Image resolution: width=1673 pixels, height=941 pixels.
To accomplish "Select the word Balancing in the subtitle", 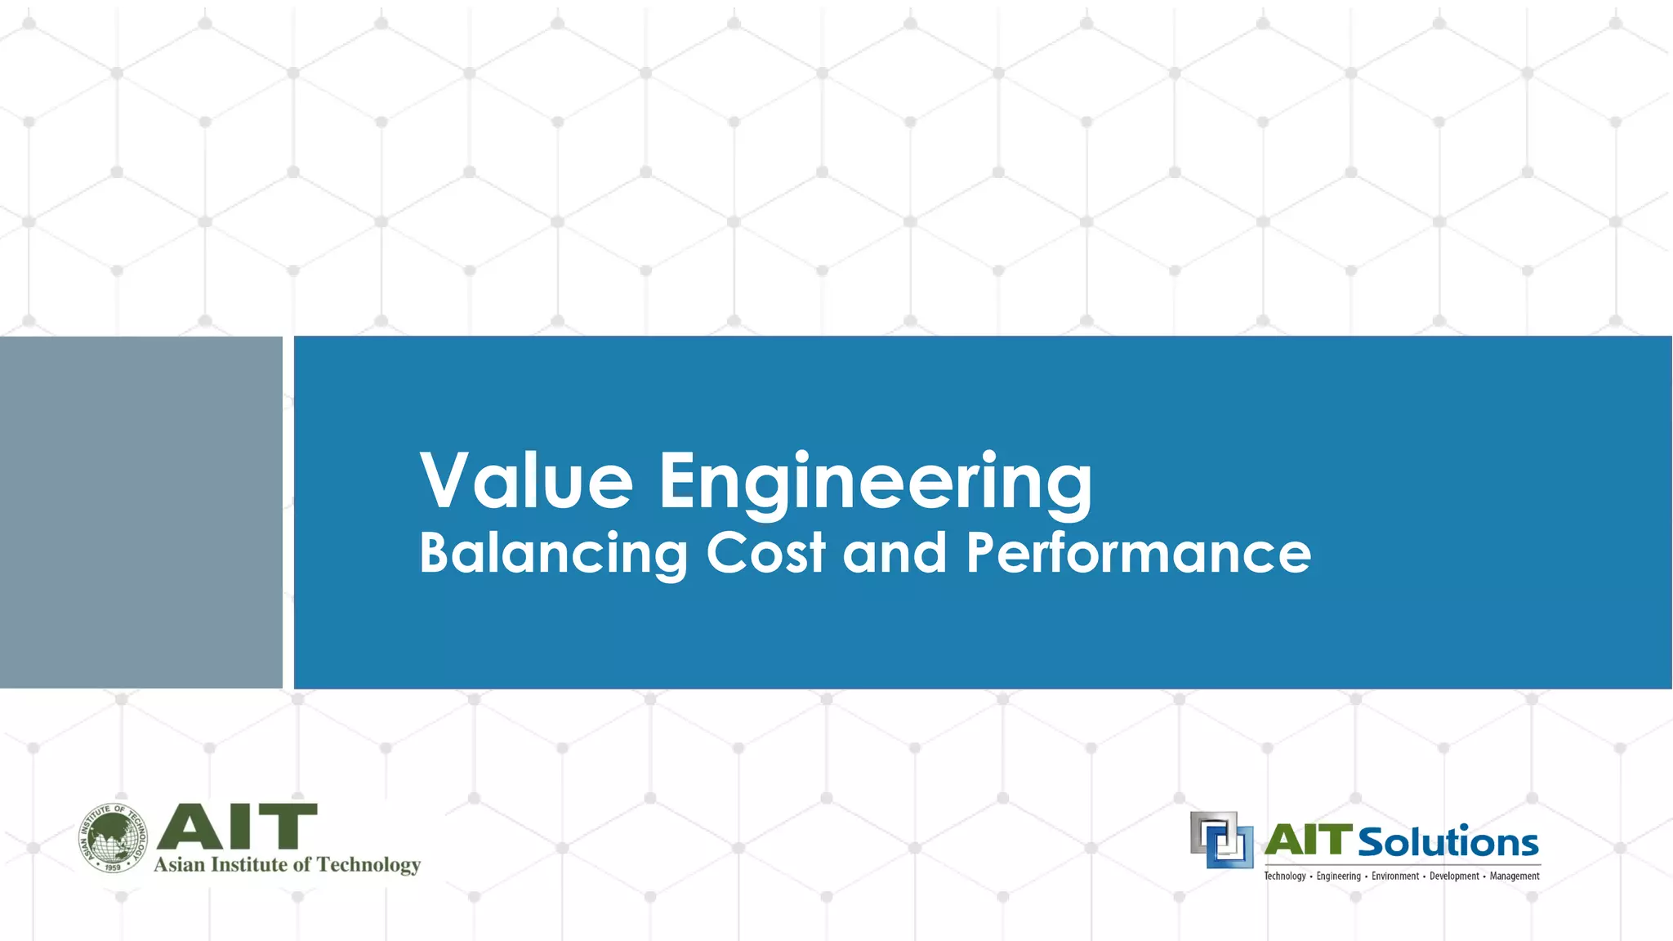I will [x=553, y=554].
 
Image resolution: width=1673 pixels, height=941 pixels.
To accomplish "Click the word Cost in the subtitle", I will [x=765, y=553].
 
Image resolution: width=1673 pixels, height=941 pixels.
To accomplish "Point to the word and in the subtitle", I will [x=894, y=553].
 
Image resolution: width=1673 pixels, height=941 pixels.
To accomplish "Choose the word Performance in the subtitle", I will [x=1138, y=553].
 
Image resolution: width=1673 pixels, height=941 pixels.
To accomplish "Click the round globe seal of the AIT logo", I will [x=114, y=838].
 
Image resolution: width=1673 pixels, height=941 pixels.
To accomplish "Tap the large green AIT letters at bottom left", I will [x=236, y=827].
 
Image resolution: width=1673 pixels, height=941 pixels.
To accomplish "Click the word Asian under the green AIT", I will [x=180, y=865].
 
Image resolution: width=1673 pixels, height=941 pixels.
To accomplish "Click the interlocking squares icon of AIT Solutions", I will [x=1221, y=840].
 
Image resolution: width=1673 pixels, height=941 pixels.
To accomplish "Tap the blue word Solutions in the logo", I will [x=1448, y=842].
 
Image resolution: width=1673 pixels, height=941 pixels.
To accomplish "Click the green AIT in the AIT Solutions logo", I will [x=1309, y=841].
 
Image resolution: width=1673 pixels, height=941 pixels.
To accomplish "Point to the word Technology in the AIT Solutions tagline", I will [x=1285, y=876].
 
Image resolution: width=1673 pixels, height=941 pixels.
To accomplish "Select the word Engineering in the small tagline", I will [x=1338, y=876].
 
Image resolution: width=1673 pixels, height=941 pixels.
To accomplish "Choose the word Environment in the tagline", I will [x=1395, y=876].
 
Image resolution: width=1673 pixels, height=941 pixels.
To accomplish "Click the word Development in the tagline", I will [x=1454, y=876].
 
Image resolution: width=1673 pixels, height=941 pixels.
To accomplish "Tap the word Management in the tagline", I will [x=1515, y=876].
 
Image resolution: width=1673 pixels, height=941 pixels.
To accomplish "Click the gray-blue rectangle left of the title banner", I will [x=141, y=512].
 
